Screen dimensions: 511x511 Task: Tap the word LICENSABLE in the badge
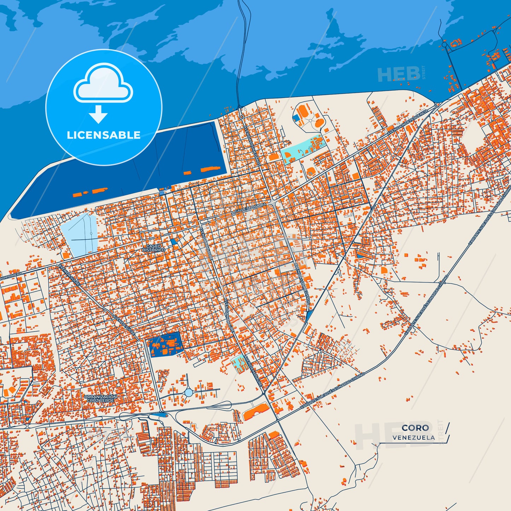pos(104,135)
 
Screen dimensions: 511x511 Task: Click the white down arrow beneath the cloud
pos(98,114)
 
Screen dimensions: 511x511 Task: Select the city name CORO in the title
pos(415,428)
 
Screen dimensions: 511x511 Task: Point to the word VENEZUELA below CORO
pos(413,437)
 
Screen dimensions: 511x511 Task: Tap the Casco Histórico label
pos(153,248)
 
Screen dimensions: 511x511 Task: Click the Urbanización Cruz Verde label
pos(100,399)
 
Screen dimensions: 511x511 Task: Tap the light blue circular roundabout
pos(188,392)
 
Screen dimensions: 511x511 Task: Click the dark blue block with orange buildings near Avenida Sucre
pos(165,345)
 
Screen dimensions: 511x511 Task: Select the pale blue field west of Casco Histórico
pos(79,235)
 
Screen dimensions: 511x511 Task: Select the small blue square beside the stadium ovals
pos(296,118)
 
